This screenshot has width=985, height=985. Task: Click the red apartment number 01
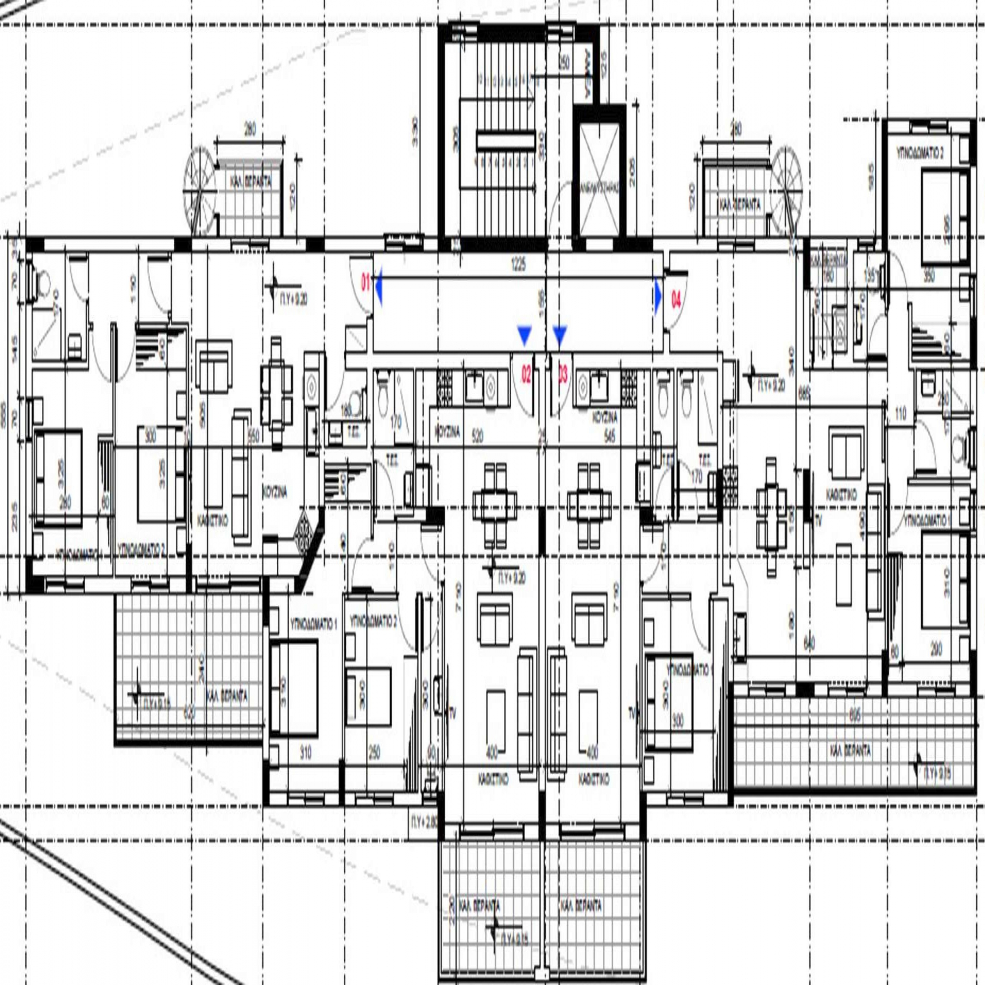[x=365, y=282]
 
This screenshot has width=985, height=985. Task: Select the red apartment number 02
[x=525, y=376]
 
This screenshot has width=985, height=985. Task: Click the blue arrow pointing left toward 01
[x=379, y=281]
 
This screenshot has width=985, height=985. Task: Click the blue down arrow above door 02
[x=524, y=335]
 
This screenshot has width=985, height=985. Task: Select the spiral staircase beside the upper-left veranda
[x=200, y=191]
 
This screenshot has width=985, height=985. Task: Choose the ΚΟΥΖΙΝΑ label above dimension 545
[x=605, y=418]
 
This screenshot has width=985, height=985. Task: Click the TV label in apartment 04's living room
[x=819, y=520]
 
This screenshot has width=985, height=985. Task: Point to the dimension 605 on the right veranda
[x=855, y=716]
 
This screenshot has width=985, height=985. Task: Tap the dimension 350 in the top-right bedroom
[x=929, y=277]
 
